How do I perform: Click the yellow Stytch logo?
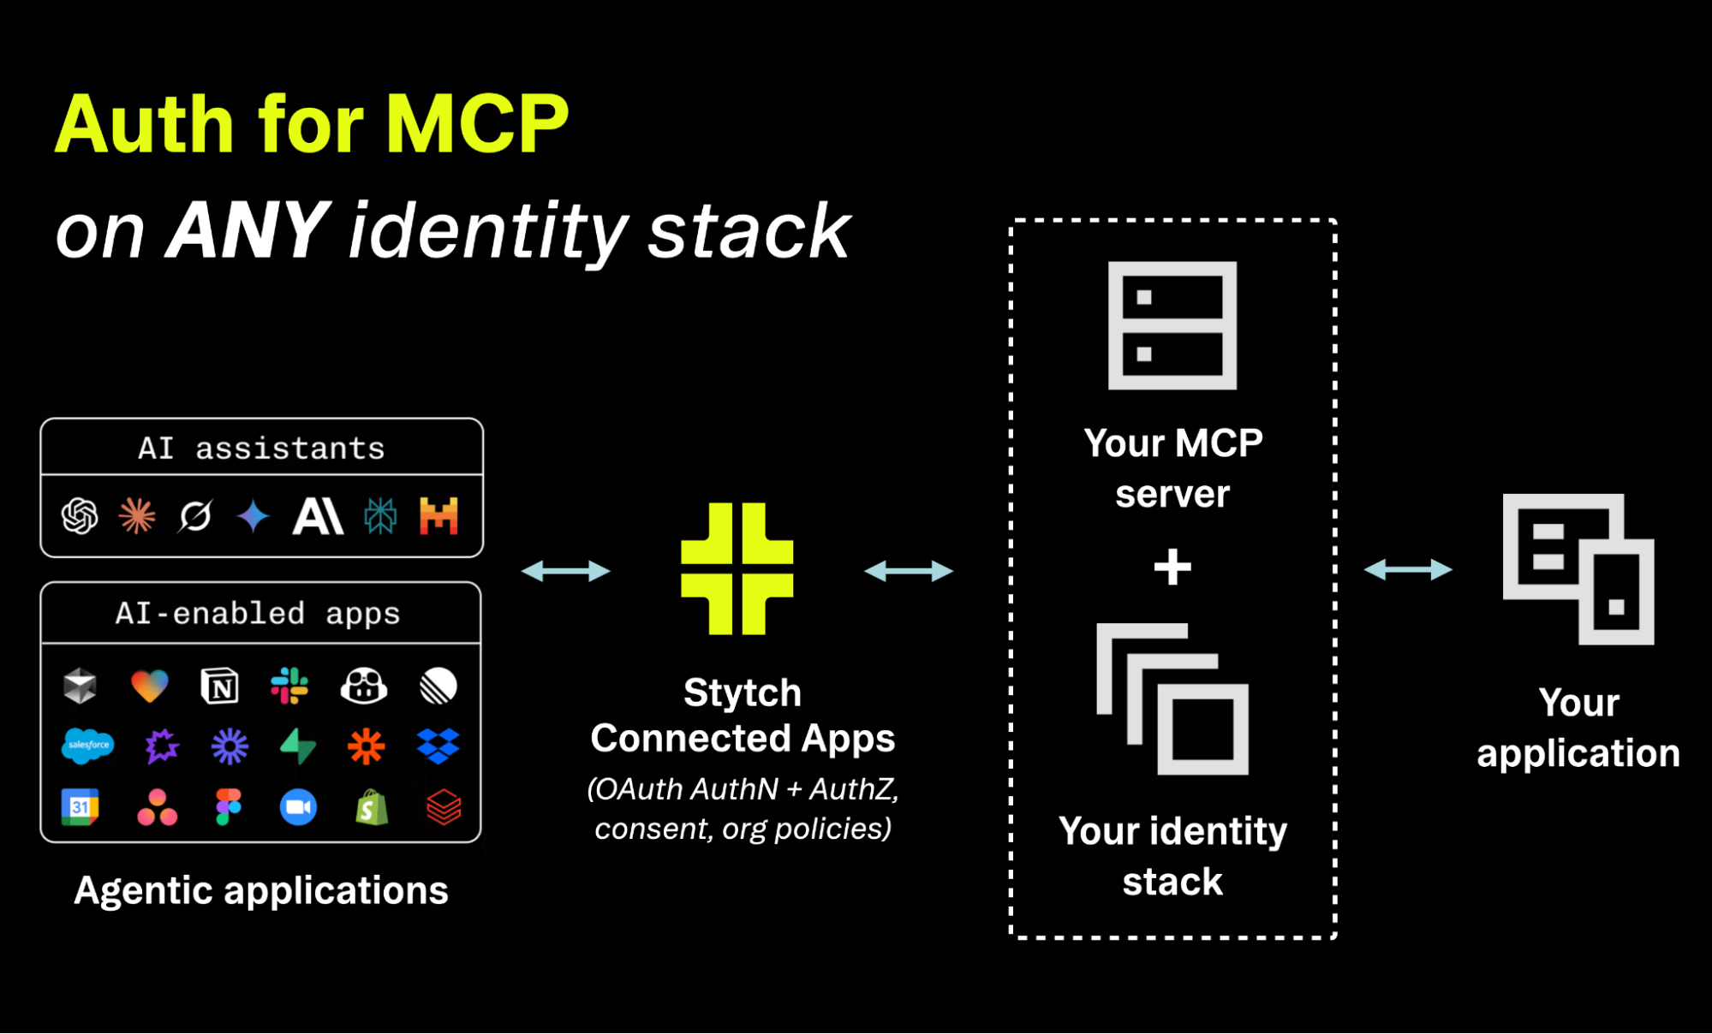coord(737,568)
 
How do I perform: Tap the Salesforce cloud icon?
coord(87,746)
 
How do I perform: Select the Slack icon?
coord(289,686)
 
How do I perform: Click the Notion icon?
coord(220,686)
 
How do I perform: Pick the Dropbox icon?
coord(438,746)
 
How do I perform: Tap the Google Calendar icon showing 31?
coord(80,807)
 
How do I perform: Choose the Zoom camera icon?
coord(298,807)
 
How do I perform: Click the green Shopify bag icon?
coord(372,807)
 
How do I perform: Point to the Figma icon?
coord(229,807)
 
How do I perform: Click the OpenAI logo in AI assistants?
coord(80,516)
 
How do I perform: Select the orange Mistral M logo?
coord(438,516)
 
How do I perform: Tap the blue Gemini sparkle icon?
coord(254,516)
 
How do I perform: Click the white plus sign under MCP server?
coord(1172,567)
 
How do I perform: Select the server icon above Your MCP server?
coord(1172,325)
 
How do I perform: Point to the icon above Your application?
coord(1578,569)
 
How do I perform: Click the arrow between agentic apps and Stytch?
coord(566,571)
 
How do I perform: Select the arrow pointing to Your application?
coord(1408,569)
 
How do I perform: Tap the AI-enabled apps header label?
coord(258,613)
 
